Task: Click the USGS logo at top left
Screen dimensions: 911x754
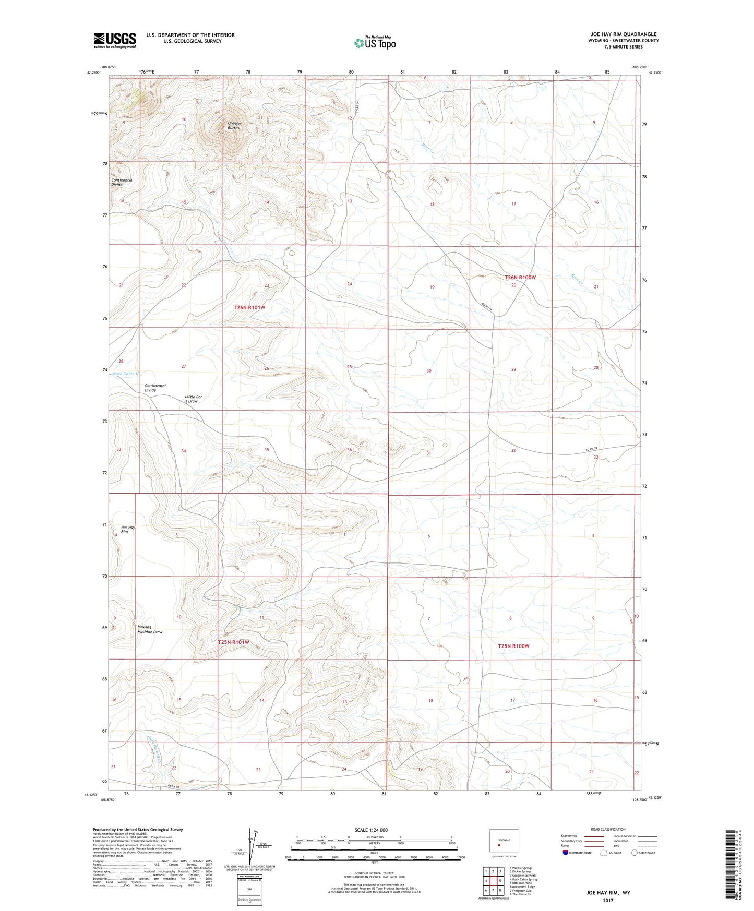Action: [114, 40]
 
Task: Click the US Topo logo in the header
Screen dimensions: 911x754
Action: [375, 43]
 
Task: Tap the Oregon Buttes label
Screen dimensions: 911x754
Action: [233, 125]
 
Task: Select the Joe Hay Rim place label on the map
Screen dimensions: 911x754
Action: [128, 529]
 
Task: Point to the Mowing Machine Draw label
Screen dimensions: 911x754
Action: [150, 629]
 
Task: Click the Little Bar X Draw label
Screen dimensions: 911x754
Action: [194, 399]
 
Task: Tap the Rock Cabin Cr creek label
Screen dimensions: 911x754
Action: [127, 374]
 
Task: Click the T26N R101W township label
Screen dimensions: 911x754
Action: [249, 308]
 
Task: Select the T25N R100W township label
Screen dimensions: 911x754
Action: [513, 646]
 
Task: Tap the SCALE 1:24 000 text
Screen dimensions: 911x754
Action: [371, 830]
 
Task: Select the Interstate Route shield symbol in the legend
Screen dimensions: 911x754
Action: [566, 853]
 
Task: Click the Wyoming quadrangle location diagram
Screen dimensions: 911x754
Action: [504, 842]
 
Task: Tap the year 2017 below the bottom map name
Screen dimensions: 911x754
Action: [607, 901]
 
